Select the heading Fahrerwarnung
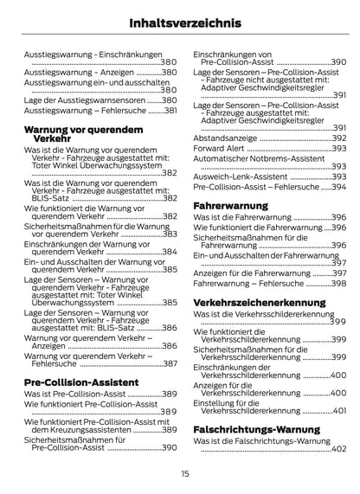click(229, 205)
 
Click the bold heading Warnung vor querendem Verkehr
click(72, 133)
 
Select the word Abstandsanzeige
click(223, 138)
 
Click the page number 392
click(338, 138)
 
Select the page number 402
click(338, 450)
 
